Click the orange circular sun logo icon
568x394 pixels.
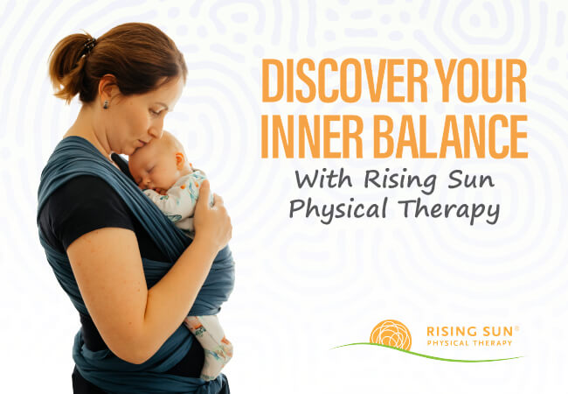click(390, 335)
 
